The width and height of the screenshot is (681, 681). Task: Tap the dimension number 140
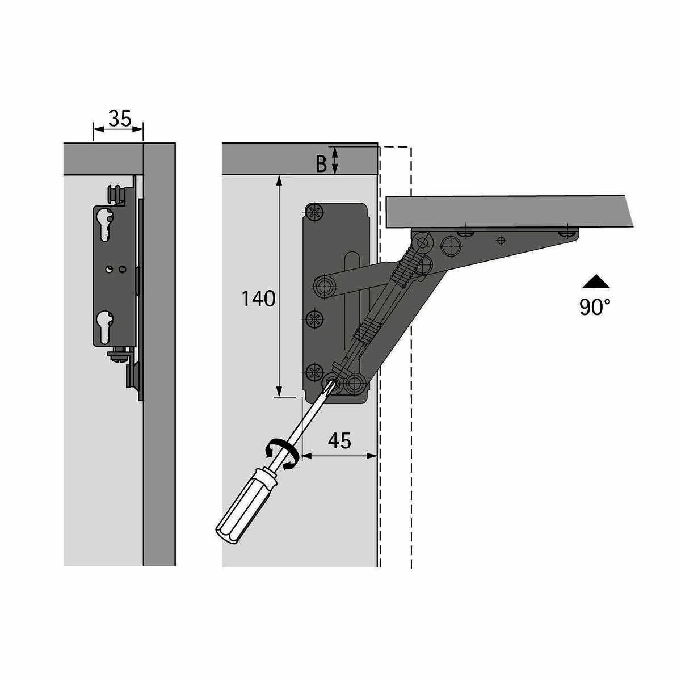258,299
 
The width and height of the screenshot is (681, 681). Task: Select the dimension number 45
339,441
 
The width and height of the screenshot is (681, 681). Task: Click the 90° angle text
595,307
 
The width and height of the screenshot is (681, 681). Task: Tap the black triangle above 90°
596,281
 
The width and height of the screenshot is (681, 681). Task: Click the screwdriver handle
246,508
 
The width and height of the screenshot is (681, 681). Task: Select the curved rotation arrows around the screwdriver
283,454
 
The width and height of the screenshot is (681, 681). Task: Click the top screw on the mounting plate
314,212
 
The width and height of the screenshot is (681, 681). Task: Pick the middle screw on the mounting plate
314,320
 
